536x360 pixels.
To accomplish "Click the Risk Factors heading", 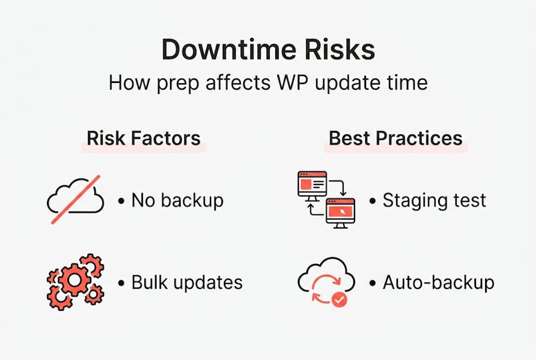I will [143, 138].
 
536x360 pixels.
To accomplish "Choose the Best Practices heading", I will [396, 138].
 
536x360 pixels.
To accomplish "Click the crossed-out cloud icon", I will [75, 200].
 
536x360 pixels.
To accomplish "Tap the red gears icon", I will [75, 281].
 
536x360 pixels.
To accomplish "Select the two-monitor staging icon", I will [326, 200].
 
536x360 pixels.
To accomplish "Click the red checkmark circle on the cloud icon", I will [339, 299].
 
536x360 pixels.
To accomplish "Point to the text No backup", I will [177, 200].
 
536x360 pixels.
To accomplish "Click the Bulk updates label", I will [187, 282].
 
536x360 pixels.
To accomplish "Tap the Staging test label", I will [434, 200].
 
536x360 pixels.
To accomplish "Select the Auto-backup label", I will [438, 282].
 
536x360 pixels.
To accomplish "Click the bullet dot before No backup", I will [121, 201].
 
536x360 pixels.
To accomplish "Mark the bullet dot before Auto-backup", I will [372, 283].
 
